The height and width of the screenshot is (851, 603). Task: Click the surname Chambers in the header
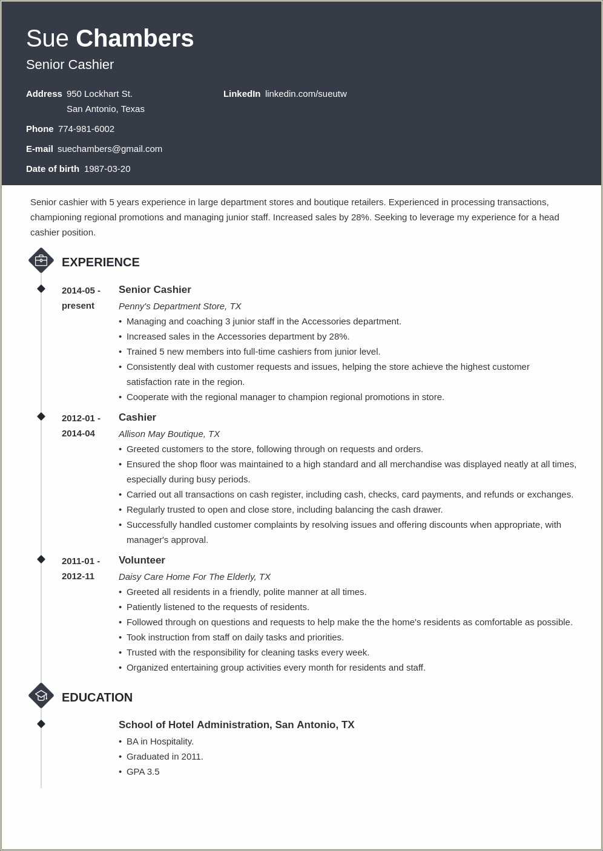tap(134, 39)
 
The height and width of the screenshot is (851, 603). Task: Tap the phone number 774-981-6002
tap(86, 129)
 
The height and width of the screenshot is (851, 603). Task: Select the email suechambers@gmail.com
tap(110, 149)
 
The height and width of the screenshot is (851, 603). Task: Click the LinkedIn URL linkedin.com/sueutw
tap(306, 94)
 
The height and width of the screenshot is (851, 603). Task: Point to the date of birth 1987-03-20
tap(107, 169)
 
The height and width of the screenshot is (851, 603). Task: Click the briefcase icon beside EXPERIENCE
tap(41, 261)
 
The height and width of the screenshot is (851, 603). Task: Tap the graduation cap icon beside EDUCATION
tap(41, 696)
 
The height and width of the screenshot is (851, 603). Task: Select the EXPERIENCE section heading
tap(100, 262)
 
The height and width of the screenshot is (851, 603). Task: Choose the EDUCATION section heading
tap(97, 697)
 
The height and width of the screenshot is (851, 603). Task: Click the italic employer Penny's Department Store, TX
tap(180, 306)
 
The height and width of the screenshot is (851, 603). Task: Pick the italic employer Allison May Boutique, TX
tap(169, 434)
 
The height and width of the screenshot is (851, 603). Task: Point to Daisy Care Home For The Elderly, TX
tap(194, 577)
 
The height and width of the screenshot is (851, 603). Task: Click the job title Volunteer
tap(142, 560)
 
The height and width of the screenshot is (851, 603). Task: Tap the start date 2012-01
tap(79, 418)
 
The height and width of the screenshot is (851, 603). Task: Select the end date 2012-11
tap(78, 576)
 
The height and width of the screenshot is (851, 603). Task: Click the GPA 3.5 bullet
tap(143, 772)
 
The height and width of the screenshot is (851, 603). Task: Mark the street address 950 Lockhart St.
tap(99, 94)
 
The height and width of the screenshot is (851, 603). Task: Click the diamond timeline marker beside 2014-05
tap(41, 289)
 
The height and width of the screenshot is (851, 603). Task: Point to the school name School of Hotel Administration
tap(195, 725)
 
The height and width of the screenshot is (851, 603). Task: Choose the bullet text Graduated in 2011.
tap(165, 757)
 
